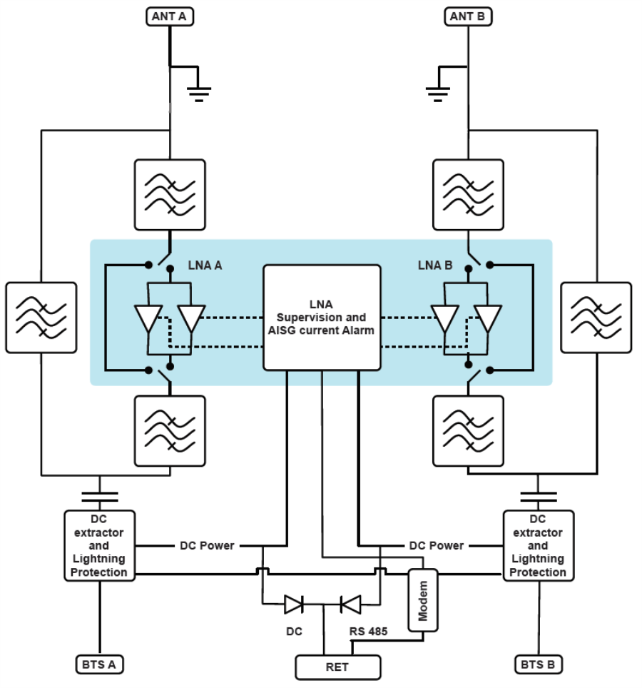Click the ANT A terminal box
(170, 15)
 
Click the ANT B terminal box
(469, 15)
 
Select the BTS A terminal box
(100, 664)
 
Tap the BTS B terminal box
(539, 664)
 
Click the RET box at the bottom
(338, 667)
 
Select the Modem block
(423, 600)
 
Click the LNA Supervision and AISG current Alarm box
(322, 318)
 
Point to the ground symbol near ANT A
(199, 91)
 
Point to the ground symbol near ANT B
(438, 91)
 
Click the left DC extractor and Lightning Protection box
(100, 545)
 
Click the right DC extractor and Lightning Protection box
(539, 545)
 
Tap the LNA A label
(205, 265)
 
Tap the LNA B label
(435, 265)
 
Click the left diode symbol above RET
(294, 604)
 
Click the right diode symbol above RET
(351, 604)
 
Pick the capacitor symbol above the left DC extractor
(100, 496)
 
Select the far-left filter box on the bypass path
(41, 318)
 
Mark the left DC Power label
(206, 545)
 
